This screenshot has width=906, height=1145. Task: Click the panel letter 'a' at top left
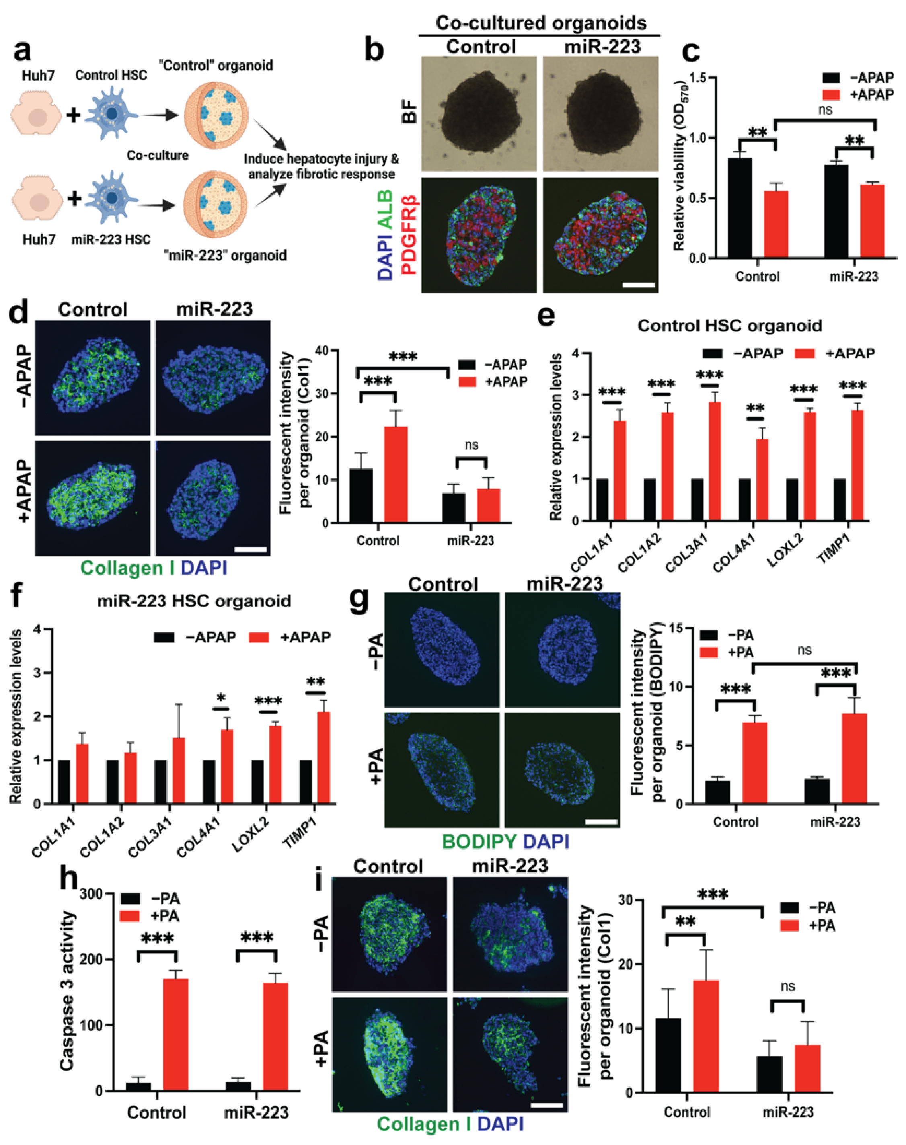click(x=22, y=51)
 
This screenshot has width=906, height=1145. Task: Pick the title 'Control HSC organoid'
click(x=730, y=325)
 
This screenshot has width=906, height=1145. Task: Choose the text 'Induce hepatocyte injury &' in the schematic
click(x=321, y=159)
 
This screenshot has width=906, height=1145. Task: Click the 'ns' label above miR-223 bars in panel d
click(x=471, y=445)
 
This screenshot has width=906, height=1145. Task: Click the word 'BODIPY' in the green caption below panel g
click(x=479, y=841)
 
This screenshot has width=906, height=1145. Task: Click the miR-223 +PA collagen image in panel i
click(x=510, y=1054)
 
